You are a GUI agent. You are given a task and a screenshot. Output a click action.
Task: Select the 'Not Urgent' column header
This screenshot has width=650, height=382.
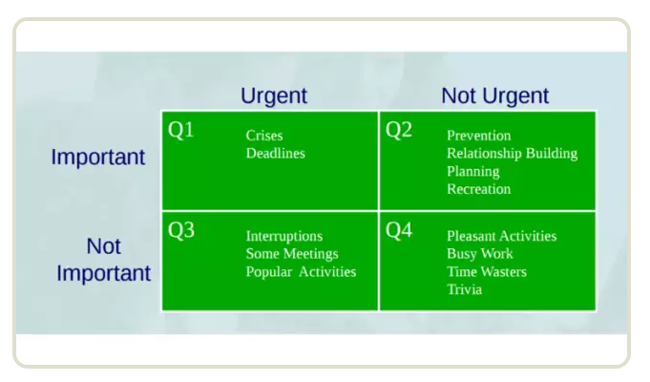click(x=495, y=95)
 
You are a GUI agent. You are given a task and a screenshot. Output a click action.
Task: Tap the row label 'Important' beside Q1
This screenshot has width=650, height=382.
click(x=98, y=158)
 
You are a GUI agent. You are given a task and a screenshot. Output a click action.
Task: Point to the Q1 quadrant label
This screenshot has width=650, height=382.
click(x=180, y=130)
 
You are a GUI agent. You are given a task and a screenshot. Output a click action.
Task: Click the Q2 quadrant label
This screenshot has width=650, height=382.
click(x=399, y=130)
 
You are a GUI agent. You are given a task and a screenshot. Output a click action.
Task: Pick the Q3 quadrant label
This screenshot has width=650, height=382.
click(x=181, y=230)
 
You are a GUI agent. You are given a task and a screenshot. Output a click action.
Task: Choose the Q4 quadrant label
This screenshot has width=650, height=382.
click(x=399, y=230)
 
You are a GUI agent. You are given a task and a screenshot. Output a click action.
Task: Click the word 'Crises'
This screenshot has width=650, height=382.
click(x=264, y=136)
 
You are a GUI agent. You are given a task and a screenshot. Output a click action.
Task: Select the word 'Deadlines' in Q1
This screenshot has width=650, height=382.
click(x=276, y=154)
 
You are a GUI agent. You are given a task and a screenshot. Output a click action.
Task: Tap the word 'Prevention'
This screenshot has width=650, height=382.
click(x=479, y=136)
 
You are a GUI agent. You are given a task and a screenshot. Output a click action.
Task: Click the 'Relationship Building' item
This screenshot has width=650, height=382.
click(x=513, y=154)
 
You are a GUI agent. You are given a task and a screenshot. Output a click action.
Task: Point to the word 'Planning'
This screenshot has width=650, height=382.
click(x=473, y=172)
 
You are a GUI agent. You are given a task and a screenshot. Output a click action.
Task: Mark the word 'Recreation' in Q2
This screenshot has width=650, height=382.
click(x=479, y=189)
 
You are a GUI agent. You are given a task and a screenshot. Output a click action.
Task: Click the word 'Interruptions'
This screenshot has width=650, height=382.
click(x=284, y=236)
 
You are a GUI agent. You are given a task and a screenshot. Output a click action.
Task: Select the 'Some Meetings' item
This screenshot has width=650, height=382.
click(x=292, y=254)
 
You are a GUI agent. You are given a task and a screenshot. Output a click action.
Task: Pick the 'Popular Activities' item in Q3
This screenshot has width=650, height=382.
click(x=301, y=271)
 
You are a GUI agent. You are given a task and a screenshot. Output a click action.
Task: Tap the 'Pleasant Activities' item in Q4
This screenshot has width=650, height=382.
click(x=502, y=236)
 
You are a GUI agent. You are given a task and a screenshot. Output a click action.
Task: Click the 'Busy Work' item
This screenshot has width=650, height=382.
click(x=480, y=254)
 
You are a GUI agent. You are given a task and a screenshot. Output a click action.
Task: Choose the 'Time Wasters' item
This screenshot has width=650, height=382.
click(x=487, y=271)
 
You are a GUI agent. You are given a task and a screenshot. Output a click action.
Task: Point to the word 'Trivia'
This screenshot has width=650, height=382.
click(x=464, y=289)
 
